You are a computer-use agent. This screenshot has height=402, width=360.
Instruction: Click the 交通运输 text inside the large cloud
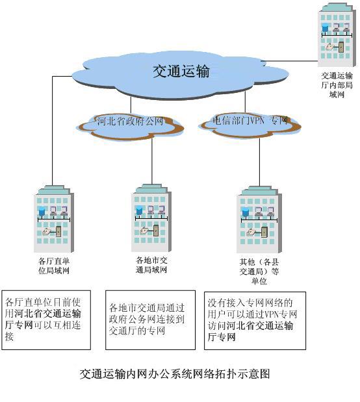(x=181, y=71)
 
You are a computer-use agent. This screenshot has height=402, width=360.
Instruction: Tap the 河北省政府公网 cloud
(x=131, y=126)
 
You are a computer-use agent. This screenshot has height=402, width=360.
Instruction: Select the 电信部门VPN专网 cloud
(x=250, y=125)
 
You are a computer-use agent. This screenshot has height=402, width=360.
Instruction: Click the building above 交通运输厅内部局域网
(x=337, y=34)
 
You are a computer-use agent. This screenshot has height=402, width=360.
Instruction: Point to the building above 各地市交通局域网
(x=151, y=218)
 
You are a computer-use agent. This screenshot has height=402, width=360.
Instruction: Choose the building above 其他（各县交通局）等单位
(x=259, y=220)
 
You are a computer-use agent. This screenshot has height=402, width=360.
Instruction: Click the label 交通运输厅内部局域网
(x=337, y=85)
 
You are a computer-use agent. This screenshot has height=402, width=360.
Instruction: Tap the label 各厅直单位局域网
(x=54, y=266)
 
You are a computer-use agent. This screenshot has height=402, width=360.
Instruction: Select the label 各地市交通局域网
(x=151, y=265)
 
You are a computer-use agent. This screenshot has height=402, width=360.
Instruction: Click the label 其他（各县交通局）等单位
(x=259, y=271)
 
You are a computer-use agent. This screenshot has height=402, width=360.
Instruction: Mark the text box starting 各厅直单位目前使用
(x=46, y=320)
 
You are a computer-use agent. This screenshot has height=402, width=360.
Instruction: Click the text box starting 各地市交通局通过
(x=150, y=320)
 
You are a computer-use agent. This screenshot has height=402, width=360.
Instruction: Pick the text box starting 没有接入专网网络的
(x=255, y=320)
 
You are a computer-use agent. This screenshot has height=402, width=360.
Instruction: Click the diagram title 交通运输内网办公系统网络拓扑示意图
(x=175, y=374)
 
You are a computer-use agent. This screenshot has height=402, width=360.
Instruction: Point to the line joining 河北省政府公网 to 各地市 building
(x=152, y=162)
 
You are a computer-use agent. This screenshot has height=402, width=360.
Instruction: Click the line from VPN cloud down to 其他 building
(x=259, y=162)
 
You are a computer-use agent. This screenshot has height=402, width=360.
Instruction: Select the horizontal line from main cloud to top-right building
(x=289, y=61)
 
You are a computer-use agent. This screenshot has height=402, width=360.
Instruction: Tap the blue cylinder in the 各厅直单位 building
(x=42, y=211)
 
